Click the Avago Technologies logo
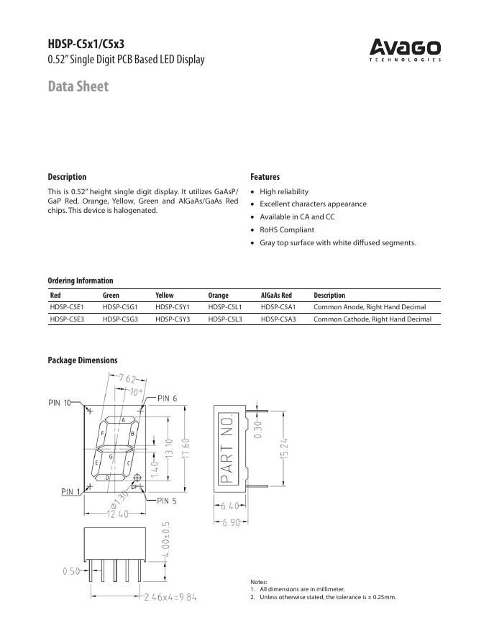pos(405,50)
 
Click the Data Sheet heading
pos(78,86)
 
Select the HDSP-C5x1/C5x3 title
pos(91,44)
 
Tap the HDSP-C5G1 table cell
pos(120,306)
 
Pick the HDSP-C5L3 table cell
pos(225,319)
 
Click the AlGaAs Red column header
pos(276,295)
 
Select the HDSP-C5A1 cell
pos(278,306)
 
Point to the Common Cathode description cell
pos(373,319)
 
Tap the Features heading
pos(265,177)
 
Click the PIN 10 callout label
pos(60,403)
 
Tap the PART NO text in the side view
pos(227,449)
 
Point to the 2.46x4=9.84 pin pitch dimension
pos(170,596)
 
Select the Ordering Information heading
pos(81,281)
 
